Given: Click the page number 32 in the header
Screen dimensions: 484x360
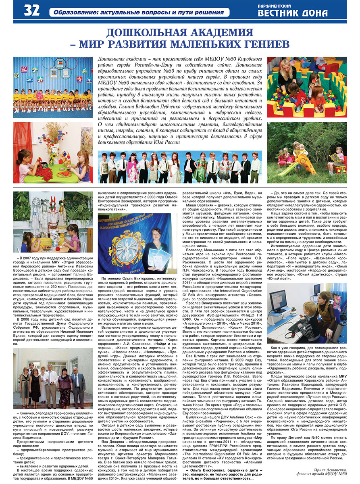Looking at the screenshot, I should [31, 10].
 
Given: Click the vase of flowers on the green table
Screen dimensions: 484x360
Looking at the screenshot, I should [52, 141].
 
